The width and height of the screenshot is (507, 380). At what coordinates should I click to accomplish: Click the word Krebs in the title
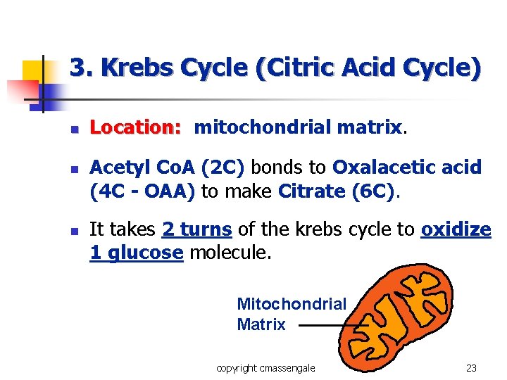pyautogui.click(x=138, y=68)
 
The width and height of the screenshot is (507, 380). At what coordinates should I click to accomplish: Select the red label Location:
pyautogui.click(x=136, y=127)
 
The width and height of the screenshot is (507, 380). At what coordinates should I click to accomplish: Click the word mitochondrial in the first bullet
pyautogui.click(x=263, y=127)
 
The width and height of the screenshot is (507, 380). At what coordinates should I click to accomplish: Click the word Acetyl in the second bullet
pyautogui.click(x=117, y=167)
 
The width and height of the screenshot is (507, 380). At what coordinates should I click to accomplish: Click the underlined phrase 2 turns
pyautogui.click(x=196, y=229)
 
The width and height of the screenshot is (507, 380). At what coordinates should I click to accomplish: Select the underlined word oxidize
pyautogui.click(x=456, y=229)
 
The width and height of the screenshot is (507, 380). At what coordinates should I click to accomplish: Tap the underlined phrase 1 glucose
pyautogui.click(x=136, y=252)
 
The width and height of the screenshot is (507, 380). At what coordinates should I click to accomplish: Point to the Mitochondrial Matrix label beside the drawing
pyautogui.click(x=292, y=314)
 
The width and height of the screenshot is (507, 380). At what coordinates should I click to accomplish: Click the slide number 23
pyautogui.click(x=471, y=367)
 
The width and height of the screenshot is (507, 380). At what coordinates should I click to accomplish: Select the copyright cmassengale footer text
pyautogui.click(x=265, y=367)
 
